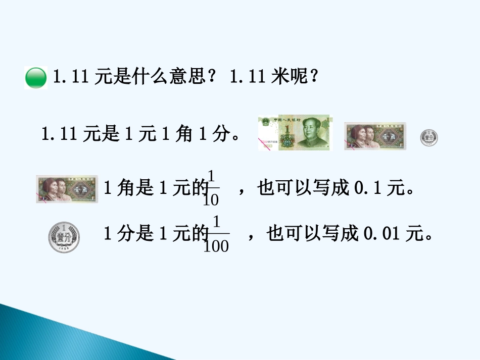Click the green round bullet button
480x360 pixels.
coord(35,78)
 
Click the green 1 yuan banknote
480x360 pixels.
coord(295,133)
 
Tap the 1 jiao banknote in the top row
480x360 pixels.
coord(375,136)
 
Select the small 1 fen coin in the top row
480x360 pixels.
coord(429,138)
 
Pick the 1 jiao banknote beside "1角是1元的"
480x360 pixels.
coord(67,189)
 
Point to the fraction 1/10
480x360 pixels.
coord(211,188)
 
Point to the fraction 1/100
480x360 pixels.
coord(217,234)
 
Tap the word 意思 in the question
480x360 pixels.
coord(186,77)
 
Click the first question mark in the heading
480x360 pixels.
coord(212,77)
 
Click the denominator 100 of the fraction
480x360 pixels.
coord(217,246)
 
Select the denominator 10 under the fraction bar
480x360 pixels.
coord(211,200)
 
